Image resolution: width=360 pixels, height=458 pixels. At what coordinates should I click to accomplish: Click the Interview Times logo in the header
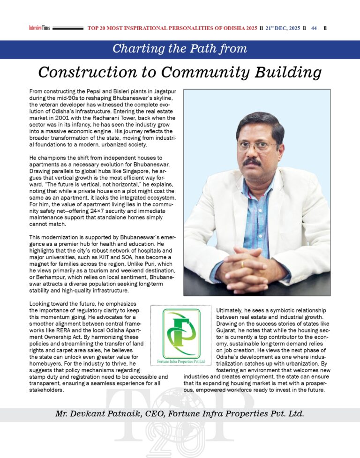point(39,28)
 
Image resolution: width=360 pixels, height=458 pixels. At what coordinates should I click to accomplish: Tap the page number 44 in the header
point(314,28)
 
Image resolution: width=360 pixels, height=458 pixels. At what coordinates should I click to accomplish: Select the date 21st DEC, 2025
point(283,28)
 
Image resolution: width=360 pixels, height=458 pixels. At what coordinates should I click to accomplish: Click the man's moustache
point(252,162)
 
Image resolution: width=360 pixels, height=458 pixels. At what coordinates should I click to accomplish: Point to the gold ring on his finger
point(242,264)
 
